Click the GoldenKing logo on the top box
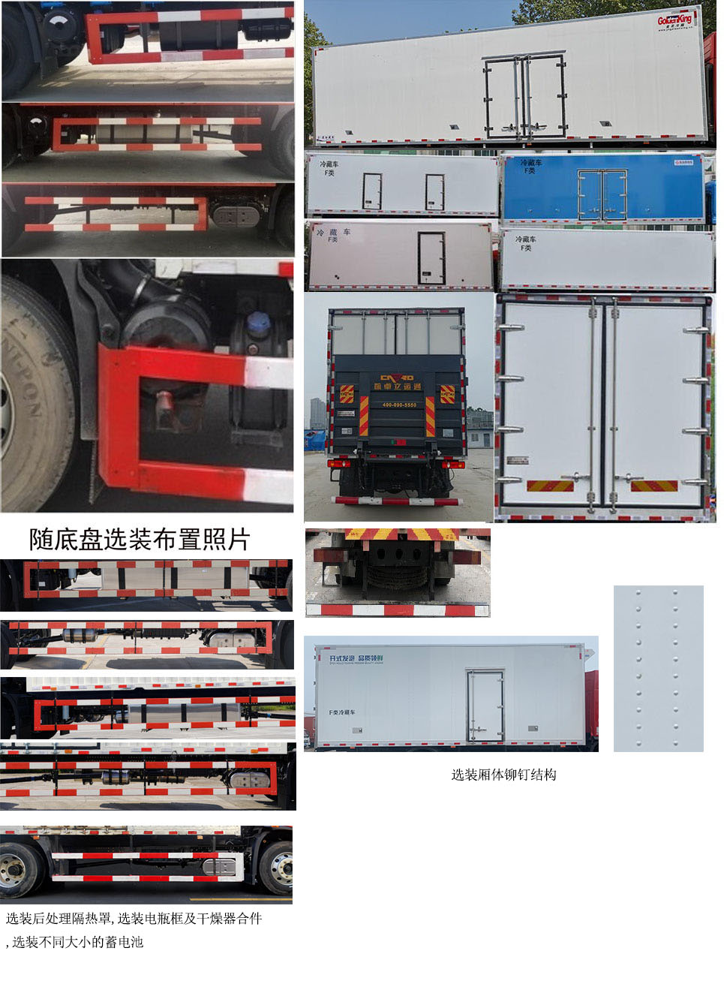point(674,20)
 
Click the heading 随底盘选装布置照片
point(140,539)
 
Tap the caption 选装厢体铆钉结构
point(503,775)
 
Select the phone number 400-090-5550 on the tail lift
point(399,405)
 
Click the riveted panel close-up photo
point(658,668)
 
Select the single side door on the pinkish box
point(431,258)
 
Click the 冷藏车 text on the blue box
point(530,163)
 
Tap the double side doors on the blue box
point(602,194)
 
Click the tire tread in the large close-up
point(30,390)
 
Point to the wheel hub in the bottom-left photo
point(14,869)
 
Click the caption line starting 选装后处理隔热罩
point(134,919)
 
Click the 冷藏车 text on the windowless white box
point(525,239)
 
